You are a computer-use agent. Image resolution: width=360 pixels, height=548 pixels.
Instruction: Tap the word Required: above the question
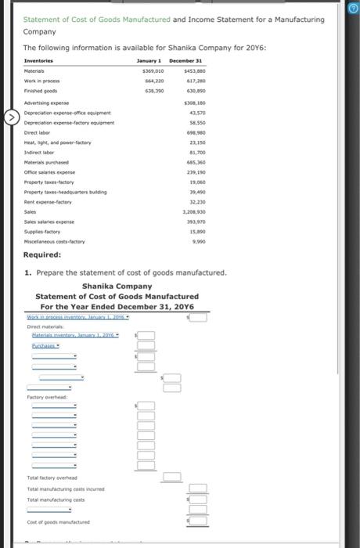[42, 255]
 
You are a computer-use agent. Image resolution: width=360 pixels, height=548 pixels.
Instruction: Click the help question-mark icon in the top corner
[353, 9]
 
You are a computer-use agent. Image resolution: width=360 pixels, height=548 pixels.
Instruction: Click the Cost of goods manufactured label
[58, 521]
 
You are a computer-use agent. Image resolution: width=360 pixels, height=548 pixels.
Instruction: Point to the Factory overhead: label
[48, 397]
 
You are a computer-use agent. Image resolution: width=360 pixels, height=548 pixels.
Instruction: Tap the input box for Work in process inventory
[200, 318]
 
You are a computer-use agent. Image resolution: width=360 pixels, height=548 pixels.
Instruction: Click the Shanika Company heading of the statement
[117, 286]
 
